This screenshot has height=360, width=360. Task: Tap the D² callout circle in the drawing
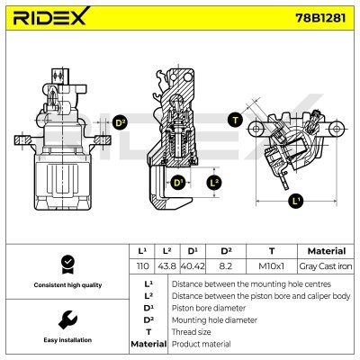tap(120, 124)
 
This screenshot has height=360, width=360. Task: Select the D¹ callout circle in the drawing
tap(178, 183)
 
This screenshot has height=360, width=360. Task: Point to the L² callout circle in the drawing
tap(213, 183)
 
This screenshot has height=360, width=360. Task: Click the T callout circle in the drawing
tap(235, 120)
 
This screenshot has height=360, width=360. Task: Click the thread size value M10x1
tap(271, 267)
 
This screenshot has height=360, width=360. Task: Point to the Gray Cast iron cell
tap(326, 267)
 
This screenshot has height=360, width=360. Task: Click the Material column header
tap(326, 251)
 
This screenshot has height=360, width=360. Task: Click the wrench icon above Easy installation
tap(66, 319)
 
